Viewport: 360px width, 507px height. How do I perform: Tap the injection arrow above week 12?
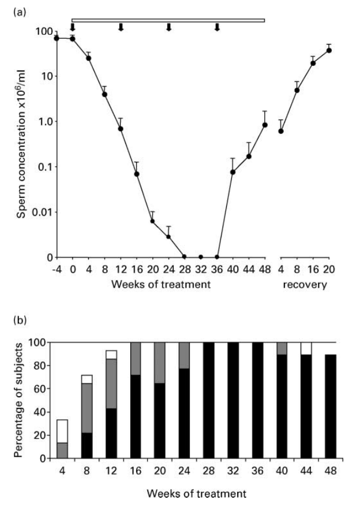[x=121, y=27]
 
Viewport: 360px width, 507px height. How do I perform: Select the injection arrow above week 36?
[x=217, y=27]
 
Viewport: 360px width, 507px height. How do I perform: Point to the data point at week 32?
[x=201, y=257]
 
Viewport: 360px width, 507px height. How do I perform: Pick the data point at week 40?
[x=233, y=172]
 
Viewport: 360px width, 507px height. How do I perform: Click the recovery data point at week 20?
[x=329, y=50]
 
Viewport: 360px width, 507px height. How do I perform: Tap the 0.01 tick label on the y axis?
[x=40, y=212]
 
